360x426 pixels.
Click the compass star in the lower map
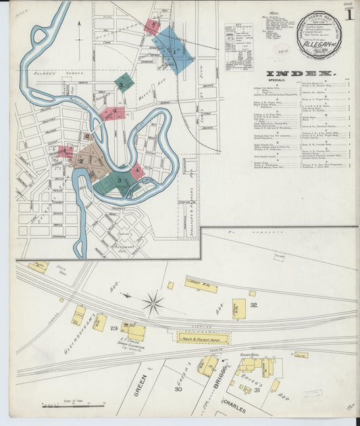pyautogui.click(x=153, y=304)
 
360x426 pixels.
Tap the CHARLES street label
pyautogui.click(x=233, y=409)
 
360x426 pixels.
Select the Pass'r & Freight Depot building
pyautogui.click(x=203, y=337)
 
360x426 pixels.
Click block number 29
pyautogui.click(x=115, y=328)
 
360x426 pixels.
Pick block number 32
pyautogui.click(x=253, y=305)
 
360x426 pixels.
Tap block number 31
pyautogui.click(x=257, y=390)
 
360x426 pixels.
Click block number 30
pyautogui.click(x=178, y=389)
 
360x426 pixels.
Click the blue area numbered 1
pyautogui.click(x=174, y=49)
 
